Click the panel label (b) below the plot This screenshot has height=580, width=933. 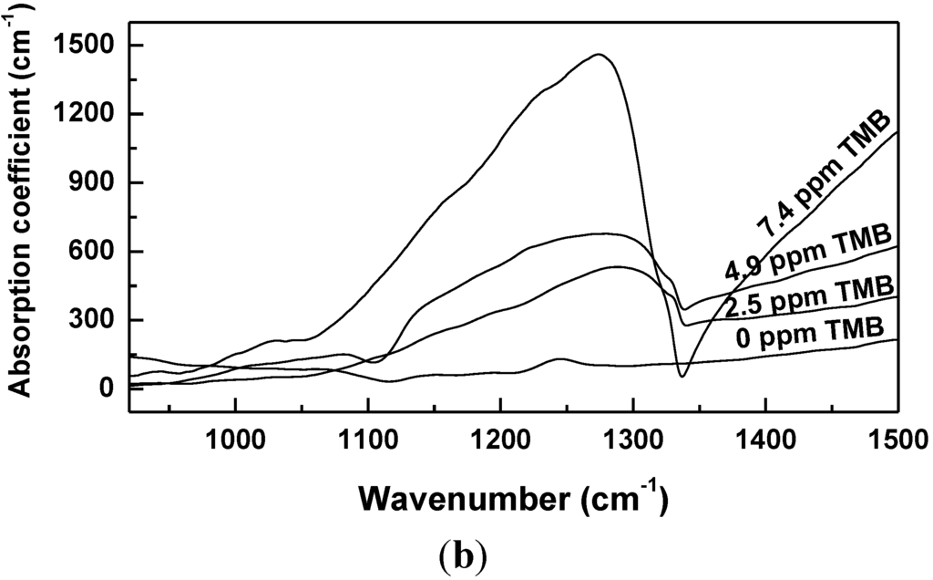[470, 554]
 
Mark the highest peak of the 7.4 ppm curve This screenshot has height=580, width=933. [598, 55]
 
